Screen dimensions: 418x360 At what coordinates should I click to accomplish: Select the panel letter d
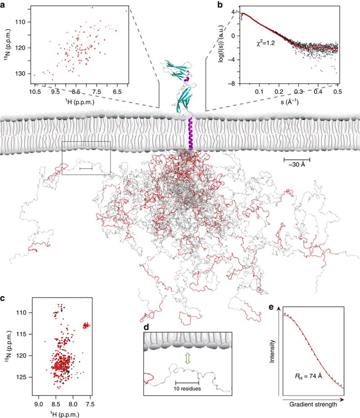point(147,327)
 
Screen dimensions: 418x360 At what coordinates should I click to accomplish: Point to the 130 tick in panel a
point(22,74)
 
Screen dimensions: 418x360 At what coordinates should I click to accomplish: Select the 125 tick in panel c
point(21,377)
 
